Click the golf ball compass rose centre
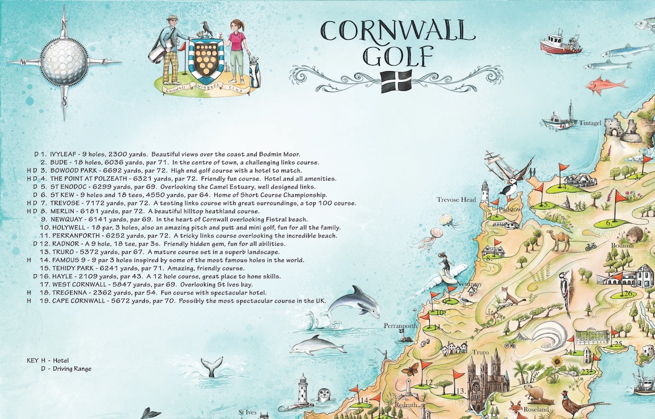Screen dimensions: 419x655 63,62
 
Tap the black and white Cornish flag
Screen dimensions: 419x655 396,81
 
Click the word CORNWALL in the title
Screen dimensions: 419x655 398,32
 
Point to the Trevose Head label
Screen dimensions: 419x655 456,199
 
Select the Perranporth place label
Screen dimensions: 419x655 400,326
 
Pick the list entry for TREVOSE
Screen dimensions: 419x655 195,203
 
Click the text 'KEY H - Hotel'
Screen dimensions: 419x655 48,360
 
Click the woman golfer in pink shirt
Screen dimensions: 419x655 236,46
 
